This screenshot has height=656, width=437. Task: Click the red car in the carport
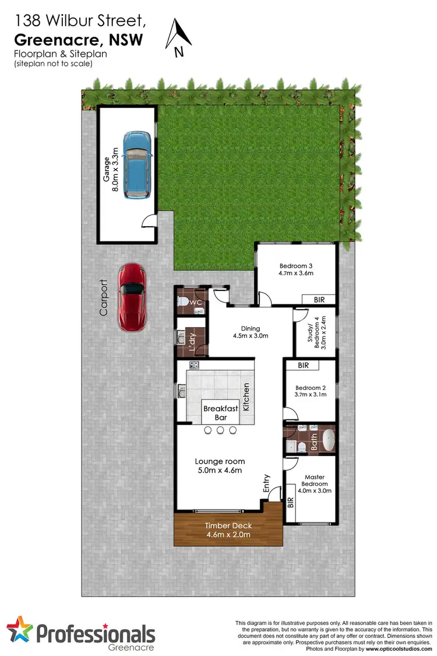click(131, 297)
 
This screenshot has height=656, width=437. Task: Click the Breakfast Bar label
click(220, 413)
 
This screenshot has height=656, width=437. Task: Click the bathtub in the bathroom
click(329, 440)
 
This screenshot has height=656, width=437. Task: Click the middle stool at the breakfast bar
click(220, 430)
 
